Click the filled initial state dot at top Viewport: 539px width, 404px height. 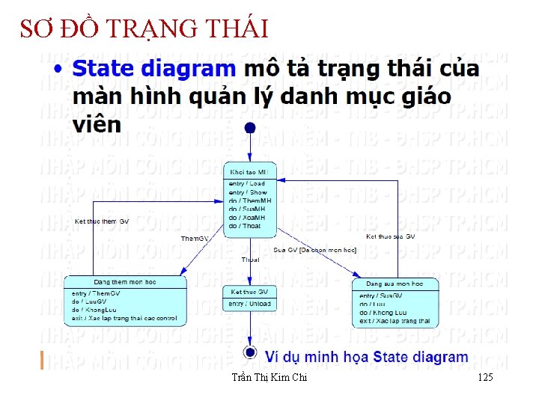[250, 128]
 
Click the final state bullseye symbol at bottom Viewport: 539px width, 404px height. [249, 352]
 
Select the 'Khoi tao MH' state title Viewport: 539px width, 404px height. [249, 173]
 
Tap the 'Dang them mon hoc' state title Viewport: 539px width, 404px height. [124, 281]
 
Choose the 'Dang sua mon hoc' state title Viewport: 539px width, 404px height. [394, 284]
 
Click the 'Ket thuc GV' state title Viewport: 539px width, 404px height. [249, 292]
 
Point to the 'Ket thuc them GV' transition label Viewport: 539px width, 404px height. [102, 221]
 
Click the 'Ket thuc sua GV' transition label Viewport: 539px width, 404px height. [390, 236]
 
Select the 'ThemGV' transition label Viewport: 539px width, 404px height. [195, 239]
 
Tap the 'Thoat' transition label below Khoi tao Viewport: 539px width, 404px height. [250, 260]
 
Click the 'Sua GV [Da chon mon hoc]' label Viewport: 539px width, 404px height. [314, 249]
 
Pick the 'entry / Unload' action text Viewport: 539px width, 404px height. [250, 304]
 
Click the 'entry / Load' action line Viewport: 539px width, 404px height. [246, 183]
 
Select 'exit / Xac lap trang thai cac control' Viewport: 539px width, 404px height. [124, 319]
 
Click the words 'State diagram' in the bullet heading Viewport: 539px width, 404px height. [153, 70]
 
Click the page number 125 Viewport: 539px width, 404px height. [484, 378]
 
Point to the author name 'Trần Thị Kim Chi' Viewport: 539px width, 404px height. [269, 378]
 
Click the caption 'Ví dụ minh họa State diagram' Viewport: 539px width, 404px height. [367, 358]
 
